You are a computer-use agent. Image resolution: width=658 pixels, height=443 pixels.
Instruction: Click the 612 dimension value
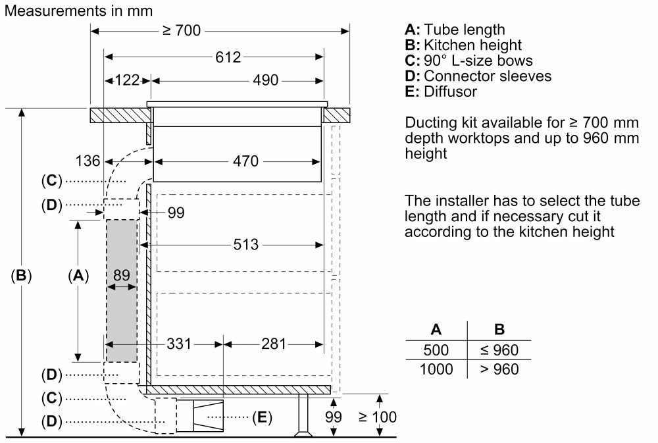click(x=228, y=57)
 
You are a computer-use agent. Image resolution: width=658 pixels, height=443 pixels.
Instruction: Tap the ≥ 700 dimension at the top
click(x=182, y=31)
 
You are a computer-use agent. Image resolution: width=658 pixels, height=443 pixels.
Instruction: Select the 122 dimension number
click(x=127, y=80)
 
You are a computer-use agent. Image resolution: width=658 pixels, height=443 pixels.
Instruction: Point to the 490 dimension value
click(x=266, y=80)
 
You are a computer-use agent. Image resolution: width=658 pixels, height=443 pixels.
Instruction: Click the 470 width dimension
click(x=246, y=161)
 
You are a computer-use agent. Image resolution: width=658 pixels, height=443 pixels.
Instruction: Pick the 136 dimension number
click(x=88, y=161)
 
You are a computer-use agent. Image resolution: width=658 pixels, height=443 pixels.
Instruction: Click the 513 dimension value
click(x=246, y=244)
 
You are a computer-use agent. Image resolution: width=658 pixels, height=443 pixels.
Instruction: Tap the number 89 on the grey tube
click(x=121, y=275)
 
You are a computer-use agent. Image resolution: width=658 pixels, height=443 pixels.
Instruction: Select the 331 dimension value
click(x=179, y=344)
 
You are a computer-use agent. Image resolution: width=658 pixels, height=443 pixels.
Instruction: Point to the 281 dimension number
click(x=274, y=344)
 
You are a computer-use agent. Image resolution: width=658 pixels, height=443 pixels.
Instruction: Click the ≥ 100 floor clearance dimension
click(x=378, y=417)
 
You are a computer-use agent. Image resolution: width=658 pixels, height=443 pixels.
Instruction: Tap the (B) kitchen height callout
click(x=22, y=275)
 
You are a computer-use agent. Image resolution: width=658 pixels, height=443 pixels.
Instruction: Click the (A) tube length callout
click(x=78, y=275)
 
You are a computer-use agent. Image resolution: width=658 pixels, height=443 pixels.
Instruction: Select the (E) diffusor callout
click(x=263, y=417)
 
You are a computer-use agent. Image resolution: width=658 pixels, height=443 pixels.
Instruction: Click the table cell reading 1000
click(x=436, y=369)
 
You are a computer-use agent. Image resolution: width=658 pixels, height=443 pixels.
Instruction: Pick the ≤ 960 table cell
click(x=499, y=350)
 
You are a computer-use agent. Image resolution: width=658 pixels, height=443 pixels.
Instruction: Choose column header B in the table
click(x=499, y=329)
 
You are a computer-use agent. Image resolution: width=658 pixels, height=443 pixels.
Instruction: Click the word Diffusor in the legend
click(x=451, y=91)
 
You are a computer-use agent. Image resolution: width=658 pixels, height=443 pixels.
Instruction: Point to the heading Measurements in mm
click(x=79, y=11)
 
